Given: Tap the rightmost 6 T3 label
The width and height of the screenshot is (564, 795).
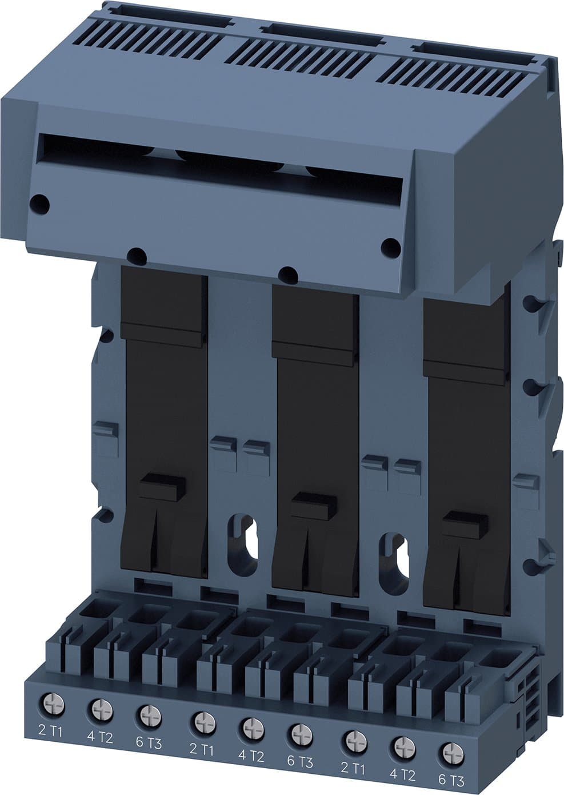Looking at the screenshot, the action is [x=451, y=780].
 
